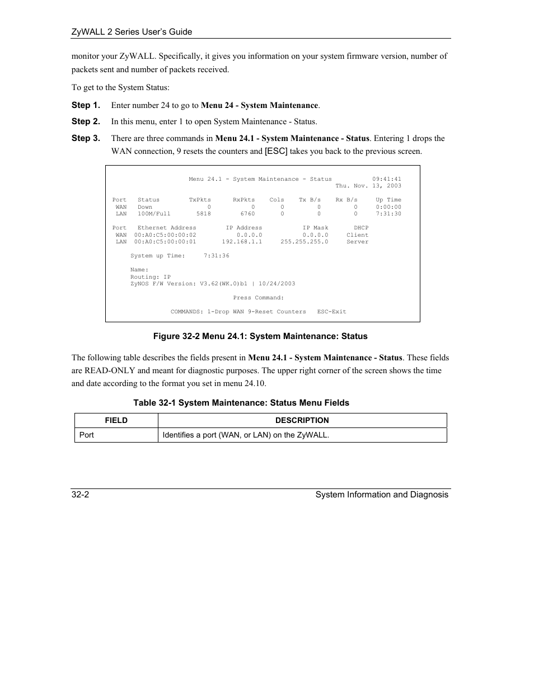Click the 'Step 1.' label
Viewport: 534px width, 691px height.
[x=86, y=105]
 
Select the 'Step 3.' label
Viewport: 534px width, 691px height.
[x=86, y=138]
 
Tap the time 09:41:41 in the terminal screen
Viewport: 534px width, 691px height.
[x=386, y=179]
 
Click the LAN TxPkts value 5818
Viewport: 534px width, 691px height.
[x=203, y=214]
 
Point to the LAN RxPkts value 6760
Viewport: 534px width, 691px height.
[x=247, y=214]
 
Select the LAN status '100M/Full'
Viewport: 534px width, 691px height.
[x=154, y=214]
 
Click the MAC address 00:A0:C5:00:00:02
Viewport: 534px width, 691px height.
[x=165, y=235]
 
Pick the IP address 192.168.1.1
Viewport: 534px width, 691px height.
[x=242, y=242]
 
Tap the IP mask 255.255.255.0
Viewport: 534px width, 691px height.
[x=304, y=242]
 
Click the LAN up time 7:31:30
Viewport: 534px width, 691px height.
[x=388, y=214]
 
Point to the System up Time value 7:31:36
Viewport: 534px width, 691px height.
[x=216, y=256]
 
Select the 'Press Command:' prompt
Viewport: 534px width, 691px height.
[x=258, y=298]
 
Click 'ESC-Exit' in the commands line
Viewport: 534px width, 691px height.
[x=331, y=312]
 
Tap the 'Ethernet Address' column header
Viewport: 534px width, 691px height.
[x=167, y=228]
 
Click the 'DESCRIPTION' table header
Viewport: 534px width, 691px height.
[x=302, y=420]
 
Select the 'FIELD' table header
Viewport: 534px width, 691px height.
[x=116, y=420]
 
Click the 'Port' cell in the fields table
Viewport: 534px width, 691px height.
[x=87, y=435]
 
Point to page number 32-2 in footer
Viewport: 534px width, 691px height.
[x=80, y=495]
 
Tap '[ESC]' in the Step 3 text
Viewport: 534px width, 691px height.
[x=276, y=151]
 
